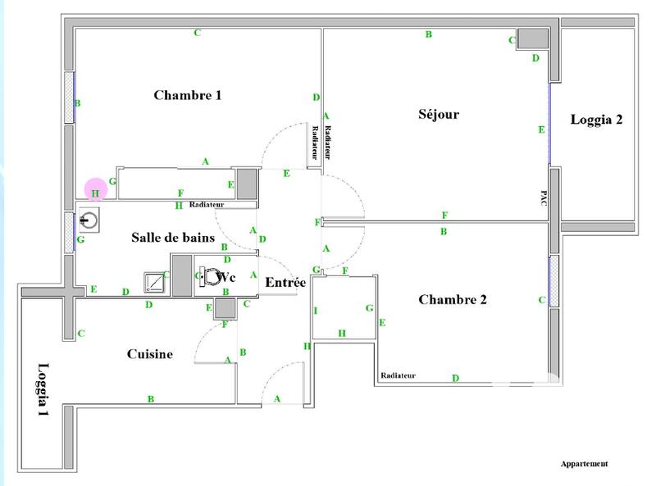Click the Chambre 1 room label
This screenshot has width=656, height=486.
(x=188, y=95)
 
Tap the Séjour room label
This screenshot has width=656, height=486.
(x=439, y=115)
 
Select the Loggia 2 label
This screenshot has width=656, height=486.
(x=596, y=120)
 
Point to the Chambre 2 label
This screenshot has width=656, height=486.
(x=453, y=300)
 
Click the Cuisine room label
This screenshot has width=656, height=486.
(x=149, y=354)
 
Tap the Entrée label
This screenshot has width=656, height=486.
(x=285, y=283)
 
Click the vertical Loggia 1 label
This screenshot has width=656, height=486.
(x=43, y=391)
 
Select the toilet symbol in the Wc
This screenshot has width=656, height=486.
(x=211, y=277)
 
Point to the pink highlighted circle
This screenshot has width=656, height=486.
(x=96, y=190)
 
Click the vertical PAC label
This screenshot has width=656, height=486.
(x=543, y=199)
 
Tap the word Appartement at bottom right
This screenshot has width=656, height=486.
(x=584, y=464)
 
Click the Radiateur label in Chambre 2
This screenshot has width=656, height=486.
(x=398, y=375)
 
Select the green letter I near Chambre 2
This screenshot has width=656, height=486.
(x=316, y=311)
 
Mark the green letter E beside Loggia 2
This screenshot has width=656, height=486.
(x=541, y=129)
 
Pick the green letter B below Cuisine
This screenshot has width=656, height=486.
(x=151, y=399)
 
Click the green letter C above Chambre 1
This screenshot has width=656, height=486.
(x=197, y=33)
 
